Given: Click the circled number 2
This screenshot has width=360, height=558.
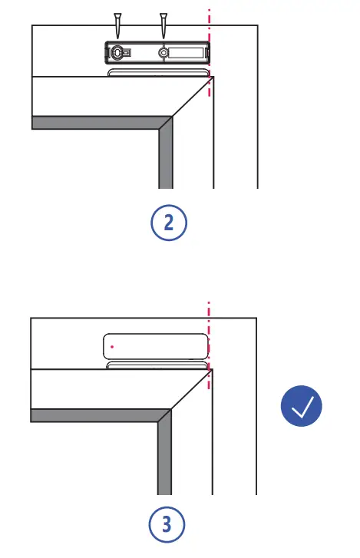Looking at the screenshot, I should [x=167, y=223].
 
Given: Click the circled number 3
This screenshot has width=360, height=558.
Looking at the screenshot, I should [x=167, y=526].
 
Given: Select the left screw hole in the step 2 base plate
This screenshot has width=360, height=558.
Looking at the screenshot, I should [x=117, y=52].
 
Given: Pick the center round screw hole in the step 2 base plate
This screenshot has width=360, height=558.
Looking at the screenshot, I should [x=163, y=52].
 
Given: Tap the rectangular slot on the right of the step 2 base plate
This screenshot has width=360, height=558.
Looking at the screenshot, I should [x=187, y=52].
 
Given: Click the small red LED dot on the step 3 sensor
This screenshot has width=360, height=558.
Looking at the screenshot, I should [x=112, y=347].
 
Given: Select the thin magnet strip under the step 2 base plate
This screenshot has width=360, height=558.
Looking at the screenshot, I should [x=158, y=72].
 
